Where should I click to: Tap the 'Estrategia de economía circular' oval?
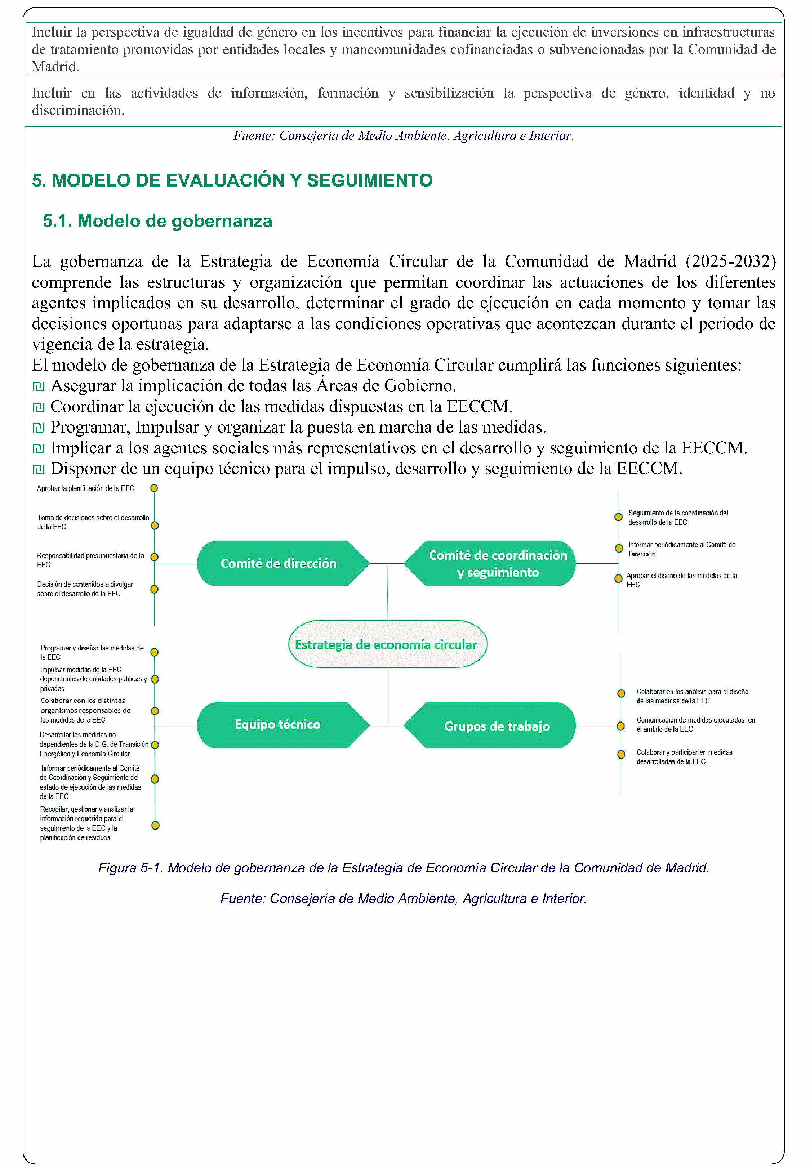[x=387, y=644]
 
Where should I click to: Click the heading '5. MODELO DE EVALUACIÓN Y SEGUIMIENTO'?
[x=232, y=180]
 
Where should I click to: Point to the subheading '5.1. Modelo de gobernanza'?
[x=157, y=221]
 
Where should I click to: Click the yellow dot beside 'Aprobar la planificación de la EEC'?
[x=154, y=488]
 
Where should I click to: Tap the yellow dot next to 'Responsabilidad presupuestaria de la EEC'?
[x=155, y=557]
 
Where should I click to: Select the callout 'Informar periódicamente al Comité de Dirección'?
[x=681, y=549]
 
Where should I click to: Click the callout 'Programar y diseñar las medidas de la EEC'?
[x=92, y=652]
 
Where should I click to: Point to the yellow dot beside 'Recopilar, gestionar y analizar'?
[x=155, y=825]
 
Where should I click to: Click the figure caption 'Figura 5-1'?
[x=404, y=868]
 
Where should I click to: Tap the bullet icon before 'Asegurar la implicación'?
[x=39, y=386]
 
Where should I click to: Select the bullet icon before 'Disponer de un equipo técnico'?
[x=39, y=469]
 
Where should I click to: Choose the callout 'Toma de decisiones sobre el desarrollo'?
[x=92, y=522]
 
